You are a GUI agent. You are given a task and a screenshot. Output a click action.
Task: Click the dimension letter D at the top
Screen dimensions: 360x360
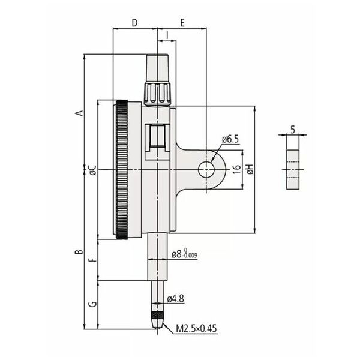(x=135, y=23)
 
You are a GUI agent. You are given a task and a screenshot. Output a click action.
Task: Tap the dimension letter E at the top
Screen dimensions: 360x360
(x=182, y=23)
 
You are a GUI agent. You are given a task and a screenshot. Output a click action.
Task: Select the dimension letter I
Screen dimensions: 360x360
(x=167, y=35)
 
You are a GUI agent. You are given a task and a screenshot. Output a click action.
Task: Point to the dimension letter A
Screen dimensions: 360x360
(x=79, y=113)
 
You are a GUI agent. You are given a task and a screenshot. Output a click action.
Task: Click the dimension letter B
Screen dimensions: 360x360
(x=79, y=251)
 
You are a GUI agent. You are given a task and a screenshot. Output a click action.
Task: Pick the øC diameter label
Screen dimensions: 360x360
(x=93, y=170)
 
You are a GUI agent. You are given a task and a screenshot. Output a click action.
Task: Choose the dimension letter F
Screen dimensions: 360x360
(x=92, y=260)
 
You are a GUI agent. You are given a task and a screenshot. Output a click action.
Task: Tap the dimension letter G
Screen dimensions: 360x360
(x=92, y=304)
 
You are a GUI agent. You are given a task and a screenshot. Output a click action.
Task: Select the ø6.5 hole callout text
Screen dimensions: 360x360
(x=230, y=139)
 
